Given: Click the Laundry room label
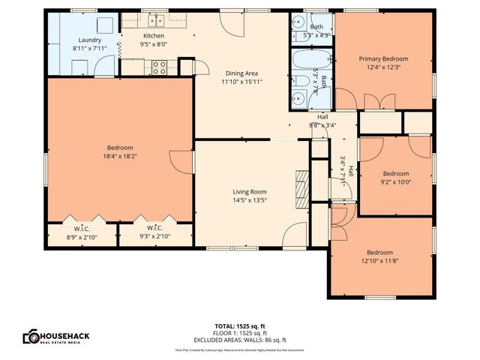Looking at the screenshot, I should point(89,40).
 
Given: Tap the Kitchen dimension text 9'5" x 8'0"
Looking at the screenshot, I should point(154,44).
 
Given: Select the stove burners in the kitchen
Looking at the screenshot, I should point(159,67).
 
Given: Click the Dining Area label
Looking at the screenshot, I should point(242,73).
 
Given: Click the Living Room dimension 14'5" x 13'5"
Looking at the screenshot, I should point(248,200).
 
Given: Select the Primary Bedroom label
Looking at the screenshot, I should point(383,58).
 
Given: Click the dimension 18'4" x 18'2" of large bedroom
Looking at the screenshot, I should point(119,156).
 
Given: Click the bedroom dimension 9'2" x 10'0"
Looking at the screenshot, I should point(395,181).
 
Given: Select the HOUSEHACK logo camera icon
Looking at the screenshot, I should point(31,336).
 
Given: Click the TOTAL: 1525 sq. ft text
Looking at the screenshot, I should point(239,326).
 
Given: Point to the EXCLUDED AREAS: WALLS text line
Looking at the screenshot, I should point(239,338).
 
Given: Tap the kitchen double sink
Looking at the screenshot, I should point(156,21).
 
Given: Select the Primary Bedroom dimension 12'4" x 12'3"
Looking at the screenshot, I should point(383,67).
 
